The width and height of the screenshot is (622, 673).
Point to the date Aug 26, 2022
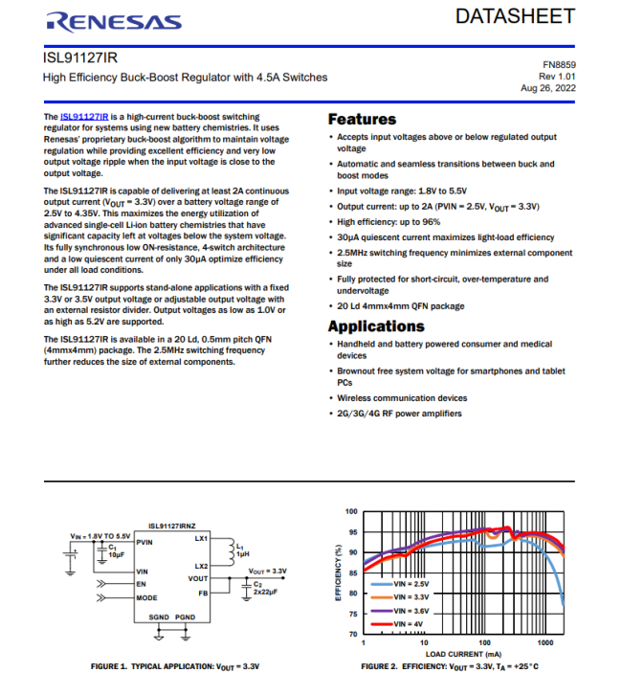[548, 88]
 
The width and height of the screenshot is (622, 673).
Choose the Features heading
[362, 120]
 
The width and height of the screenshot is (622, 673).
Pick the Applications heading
[376, 326]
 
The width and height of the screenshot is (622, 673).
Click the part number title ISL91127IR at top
[80, 57]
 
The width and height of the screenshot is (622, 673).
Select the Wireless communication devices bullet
[402, 397]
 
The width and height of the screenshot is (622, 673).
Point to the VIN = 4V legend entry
[409, 623]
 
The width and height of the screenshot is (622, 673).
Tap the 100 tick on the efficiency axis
[351, 512]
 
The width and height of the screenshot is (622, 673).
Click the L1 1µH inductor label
[242, 550]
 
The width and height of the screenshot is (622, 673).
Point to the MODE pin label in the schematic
[146, 597]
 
